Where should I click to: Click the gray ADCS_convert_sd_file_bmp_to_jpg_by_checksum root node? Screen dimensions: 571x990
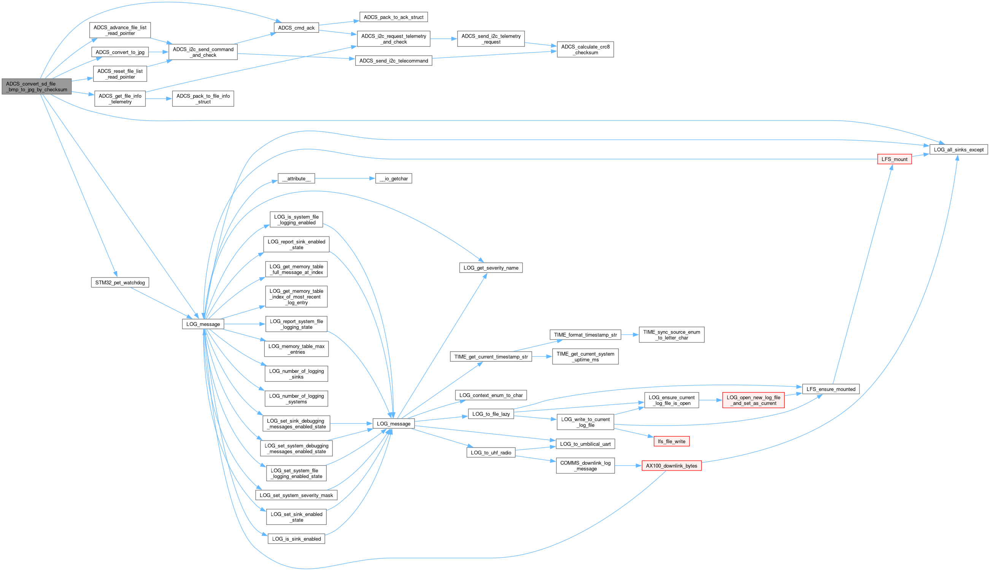click(x=37, y=87)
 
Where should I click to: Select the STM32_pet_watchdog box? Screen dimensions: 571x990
click(x=120, y=282)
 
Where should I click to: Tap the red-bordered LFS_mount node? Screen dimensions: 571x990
click(x=894, y=159)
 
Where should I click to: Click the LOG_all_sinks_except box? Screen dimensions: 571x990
click(x=958, y=150)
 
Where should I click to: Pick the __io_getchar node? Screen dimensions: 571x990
click(x=393, y=179)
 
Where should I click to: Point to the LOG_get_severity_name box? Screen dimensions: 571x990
click(x=491, y=268)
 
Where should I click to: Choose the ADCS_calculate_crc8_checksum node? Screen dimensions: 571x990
click(x=585, y=49)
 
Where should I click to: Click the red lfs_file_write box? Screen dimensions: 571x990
click(x=671, y=441)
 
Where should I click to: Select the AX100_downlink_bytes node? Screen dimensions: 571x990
click(x=671, y=466)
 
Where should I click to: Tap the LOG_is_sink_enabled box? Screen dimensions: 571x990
click(x=296, y=539)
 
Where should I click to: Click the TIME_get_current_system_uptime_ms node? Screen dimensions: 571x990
click(x=585, y=356)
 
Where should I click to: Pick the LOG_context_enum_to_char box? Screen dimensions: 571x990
click(x=491, y=395)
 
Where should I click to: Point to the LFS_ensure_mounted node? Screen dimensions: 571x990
click(x=830, y=389)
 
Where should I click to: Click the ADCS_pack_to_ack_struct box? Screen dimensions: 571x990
click(x=393, y=17)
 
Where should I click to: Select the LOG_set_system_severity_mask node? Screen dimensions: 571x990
click(x=296, y=495)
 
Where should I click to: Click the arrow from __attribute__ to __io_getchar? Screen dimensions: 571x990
click(x=345, y=179)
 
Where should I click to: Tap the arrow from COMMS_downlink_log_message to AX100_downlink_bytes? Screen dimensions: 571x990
click(x=628, y=466)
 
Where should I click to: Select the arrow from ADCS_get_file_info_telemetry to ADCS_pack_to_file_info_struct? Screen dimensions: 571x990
click(x=159, y=99)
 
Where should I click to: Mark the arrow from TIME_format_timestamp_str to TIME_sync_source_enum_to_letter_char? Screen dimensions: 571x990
click(x=629, y=335)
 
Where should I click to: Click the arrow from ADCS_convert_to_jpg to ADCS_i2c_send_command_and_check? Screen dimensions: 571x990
click(x=158, y=52)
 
